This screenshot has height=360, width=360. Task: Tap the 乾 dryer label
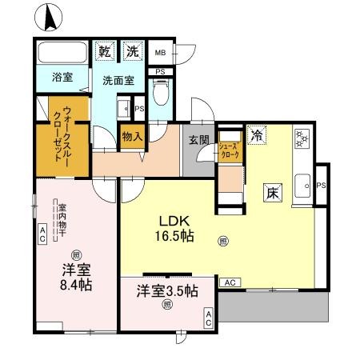[x=105, y=51]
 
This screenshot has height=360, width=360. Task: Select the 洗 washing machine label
[x=132, y=51]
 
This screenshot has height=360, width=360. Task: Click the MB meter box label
[x=160, y=53]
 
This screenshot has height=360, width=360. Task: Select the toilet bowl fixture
[x=160, y=97]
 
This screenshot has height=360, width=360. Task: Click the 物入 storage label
[x=132, y=137]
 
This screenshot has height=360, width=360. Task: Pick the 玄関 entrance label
[x=198, y=138]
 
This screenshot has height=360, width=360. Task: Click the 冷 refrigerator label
[x=256, y=136]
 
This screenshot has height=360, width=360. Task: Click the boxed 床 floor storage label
[x=271, y=192]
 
